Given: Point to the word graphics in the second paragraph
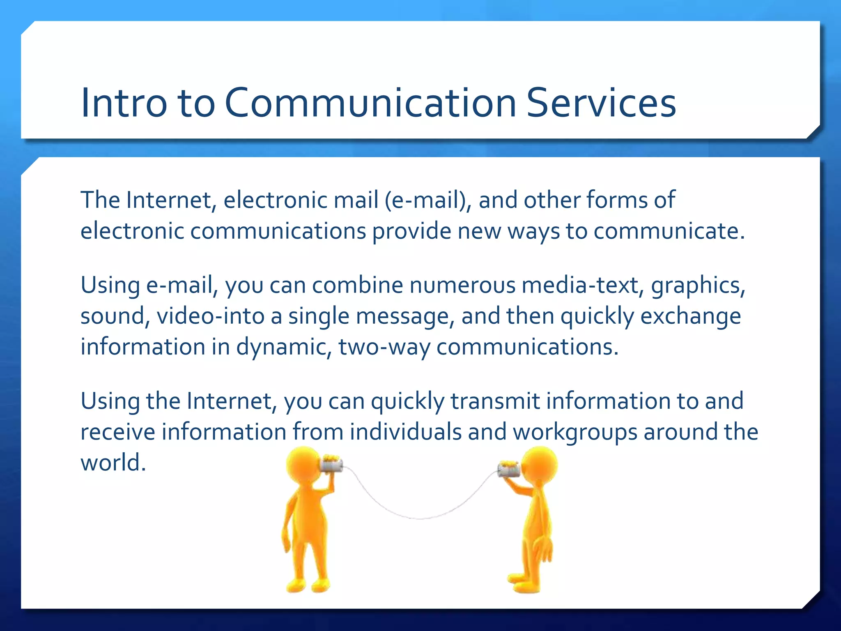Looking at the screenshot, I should point(698,286).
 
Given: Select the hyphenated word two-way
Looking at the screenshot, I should point(384,347).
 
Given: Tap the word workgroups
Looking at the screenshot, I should point(575,432).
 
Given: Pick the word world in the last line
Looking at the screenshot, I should point(113,463).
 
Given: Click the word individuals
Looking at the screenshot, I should point(406,432).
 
